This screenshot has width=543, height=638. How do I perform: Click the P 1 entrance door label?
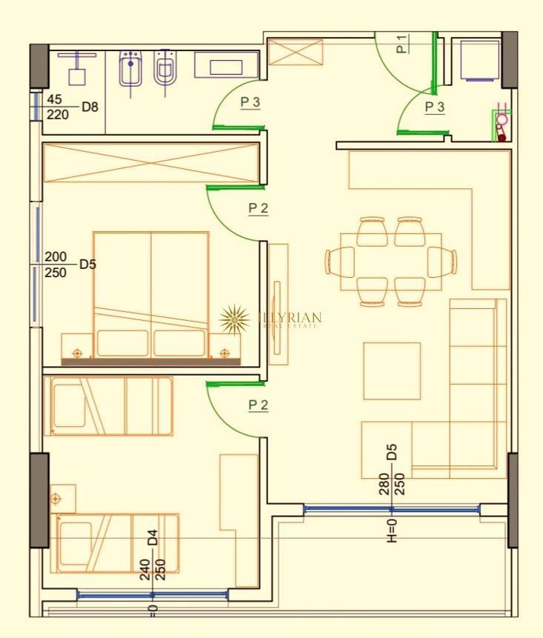pyautogui.click(x=402, y=44)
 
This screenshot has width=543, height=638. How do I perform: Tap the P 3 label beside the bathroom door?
pyautogui.click(x=250, y=103)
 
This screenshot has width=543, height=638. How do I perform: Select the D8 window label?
pyautogui.click(x=90, y=107)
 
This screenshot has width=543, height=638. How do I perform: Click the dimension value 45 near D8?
pyautogui.click(x=54, y=99)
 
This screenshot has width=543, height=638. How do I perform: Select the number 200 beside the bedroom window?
pyautogui.click(x=56, y=256)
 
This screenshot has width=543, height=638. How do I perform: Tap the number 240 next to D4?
pyautogui.click(x=145, y=569)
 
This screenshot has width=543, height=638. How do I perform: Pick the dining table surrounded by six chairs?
pyautogui.click(x=390, y=262)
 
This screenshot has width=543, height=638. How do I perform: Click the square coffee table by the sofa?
pyautogui.click(x=391, y=370)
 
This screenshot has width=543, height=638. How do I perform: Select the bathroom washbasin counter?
pyautogui.click(x=226, y=65)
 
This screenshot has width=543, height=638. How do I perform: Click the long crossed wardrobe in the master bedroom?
pyautogui.click(x=151, y=163)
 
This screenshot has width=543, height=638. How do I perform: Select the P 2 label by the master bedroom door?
pyautogui.click(x=258, y=208)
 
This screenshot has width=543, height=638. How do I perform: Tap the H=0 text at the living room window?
pyautogui.click(x=392, y=530)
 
